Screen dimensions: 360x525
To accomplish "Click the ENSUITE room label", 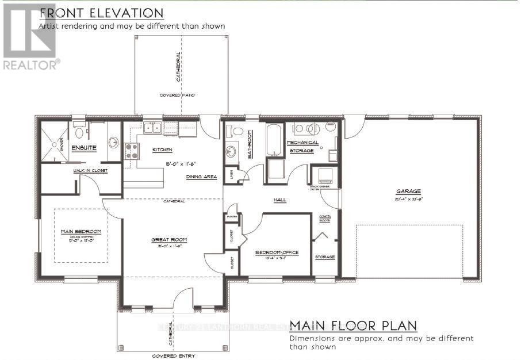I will coord(84,148).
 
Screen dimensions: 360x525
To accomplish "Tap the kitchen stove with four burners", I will coord(131,151).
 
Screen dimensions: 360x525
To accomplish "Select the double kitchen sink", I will coord(153,128).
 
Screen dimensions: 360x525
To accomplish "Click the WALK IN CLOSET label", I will coord(89,171).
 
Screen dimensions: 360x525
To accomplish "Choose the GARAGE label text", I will coord(409,192).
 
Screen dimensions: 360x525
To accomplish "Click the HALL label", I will coord(280,200).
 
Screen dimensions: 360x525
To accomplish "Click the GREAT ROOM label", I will coord(169,239).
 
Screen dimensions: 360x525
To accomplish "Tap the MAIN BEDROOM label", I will coord(81,231).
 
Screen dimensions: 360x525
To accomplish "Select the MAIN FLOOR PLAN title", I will coord(352,326).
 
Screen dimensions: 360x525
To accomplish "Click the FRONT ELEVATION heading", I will coord(101,13).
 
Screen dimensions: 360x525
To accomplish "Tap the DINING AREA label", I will coord(201,177).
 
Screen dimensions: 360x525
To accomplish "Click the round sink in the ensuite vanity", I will coord(113,141).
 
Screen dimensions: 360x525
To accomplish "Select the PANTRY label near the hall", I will coord(232,217).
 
